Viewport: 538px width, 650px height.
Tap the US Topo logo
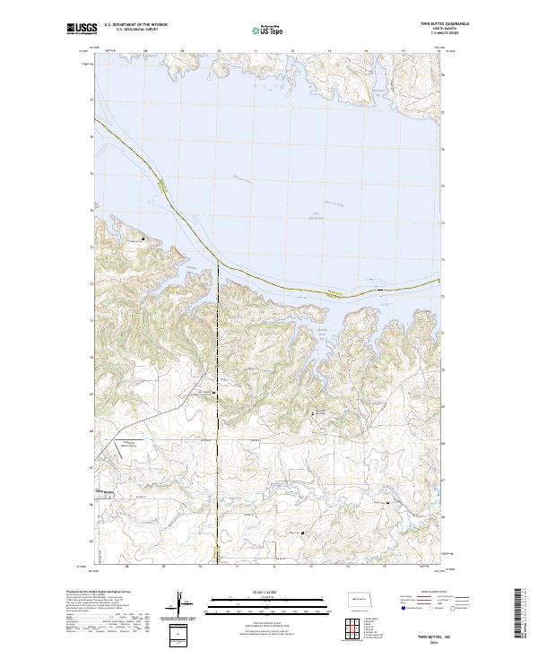click(268, 30)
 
